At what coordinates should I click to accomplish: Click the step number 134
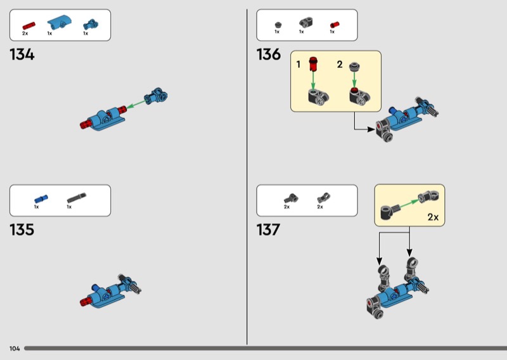pos(22,55)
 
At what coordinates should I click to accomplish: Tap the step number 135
pos(22,229)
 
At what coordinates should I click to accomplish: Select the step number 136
pos(268,55)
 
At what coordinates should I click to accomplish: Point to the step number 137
pos(268,229)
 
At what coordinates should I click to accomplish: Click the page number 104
pos(15,349)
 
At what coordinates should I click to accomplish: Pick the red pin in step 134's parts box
pos(29,25)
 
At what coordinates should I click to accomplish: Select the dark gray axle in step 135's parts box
pos(77,198)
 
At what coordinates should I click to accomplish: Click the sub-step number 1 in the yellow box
pos(299,65)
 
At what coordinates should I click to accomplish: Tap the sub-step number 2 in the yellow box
pos(340,65)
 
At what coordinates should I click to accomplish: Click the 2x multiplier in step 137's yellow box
pos(433,217)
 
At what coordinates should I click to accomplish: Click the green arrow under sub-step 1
pos(312,79)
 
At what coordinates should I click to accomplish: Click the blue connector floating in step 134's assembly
pos(156,96)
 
